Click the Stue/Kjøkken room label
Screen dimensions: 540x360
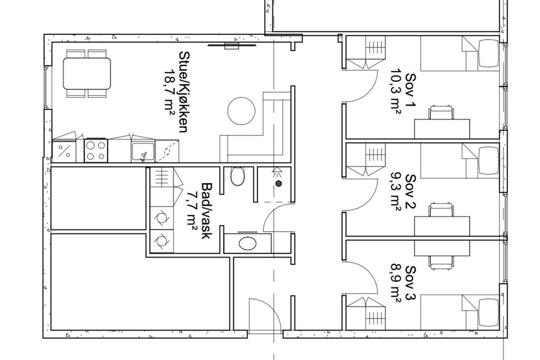pyautogui.click(x=183, y=92)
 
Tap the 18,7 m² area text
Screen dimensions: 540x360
pyautogui.click(x=169, y=92)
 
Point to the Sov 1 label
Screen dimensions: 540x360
pyautogui.click(x=410, y=90)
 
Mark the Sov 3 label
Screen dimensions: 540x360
pyautogui.click(x=410, y=283)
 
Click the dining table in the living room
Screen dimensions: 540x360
pyautogui.click(x=87, y=73)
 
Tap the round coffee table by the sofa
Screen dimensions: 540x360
pyautogui.click(x=241, y=111)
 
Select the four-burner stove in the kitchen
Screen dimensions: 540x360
pyautogui.click(x=96, y=151)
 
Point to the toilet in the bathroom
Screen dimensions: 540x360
pyautogui.click(x=238, y=176)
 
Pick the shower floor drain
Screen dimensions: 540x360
pyautogui.click(x=278, y=183)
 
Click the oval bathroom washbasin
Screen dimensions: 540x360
pyautogui.click(x=248, y=244)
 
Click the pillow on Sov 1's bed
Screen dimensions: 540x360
pyautogui.click(x=488, y=53)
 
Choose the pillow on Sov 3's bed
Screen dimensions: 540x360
pyautogui.click(x=488, y=313)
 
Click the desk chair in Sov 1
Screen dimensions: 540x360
pyautogui.click(x=441, y=113)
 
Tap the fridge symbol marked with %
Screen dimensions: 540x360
pyautogui.click(x=64, y=151)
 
